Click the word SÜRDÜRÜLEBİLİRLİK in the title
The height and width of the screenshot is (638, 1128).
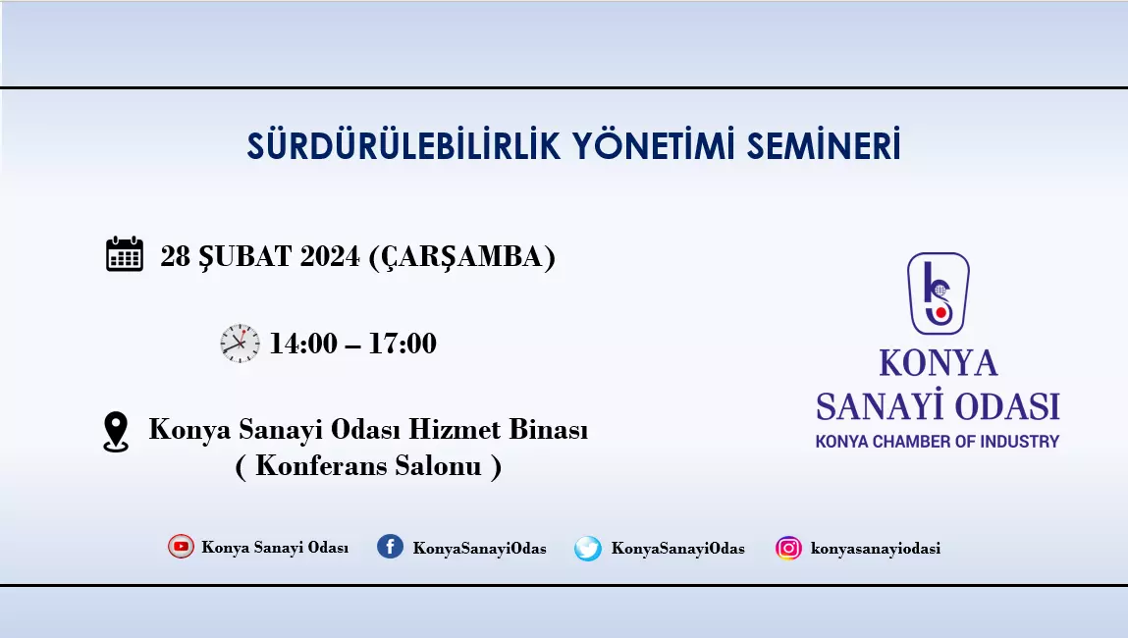(x=403, y=145)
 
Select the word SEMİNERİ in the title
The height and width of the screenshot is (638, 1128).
(x=824, y=145)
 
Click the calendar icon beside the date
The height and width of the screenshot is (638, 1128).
(x=125, y=254)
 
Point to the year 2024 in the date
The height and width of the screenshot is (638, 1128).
(x=330, y=257)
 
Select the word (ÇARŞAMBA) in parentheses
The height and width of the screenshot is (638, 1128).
(x=461, y=257)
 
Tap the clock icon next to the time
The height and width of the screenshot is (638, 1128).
(x=240, y=344)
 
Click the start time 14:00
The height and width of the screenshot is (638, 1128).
(x=303, y=344)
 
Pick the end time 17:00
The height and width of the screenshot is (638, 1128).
(x=403, y=344)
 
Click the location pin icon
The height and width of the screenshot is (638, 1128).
(x=116, y=432)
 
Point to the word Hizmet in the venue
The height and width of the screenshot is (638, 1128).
(x=454, y=429)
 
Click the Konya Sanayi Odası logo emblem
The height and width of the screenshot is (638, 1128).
(x=939, y=292)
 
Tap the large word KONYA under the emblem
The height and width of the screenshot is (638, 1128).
(x=939, y=363)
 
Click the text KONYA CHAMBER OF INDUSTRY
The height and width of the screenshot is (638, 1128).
(x=938, y=441)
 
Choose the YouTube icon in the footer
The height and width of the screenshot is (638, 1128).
(x=181, y=547)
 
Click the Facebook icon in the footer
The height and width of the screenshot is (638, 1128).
(x=390, y=547)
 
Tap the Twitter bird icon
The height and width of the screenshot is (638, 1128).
(x=588, y=548)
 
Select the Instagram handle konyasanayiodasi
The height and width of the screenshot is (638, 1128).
(x=876, y=548)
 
